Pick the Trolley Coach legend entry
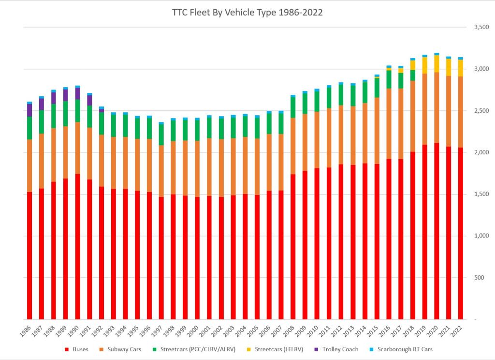(x=340, y=349)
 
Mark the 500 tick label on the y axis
(x=479, y=278)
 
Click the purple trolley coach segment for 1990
(x=77, y=93)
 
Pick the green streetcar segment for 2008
(x=293, y=107)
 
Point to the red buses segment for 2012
(x=341, y=242)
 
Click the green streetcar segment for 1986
(x=29, y=128)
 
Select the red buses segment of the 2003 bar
(x=233, y=256)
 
